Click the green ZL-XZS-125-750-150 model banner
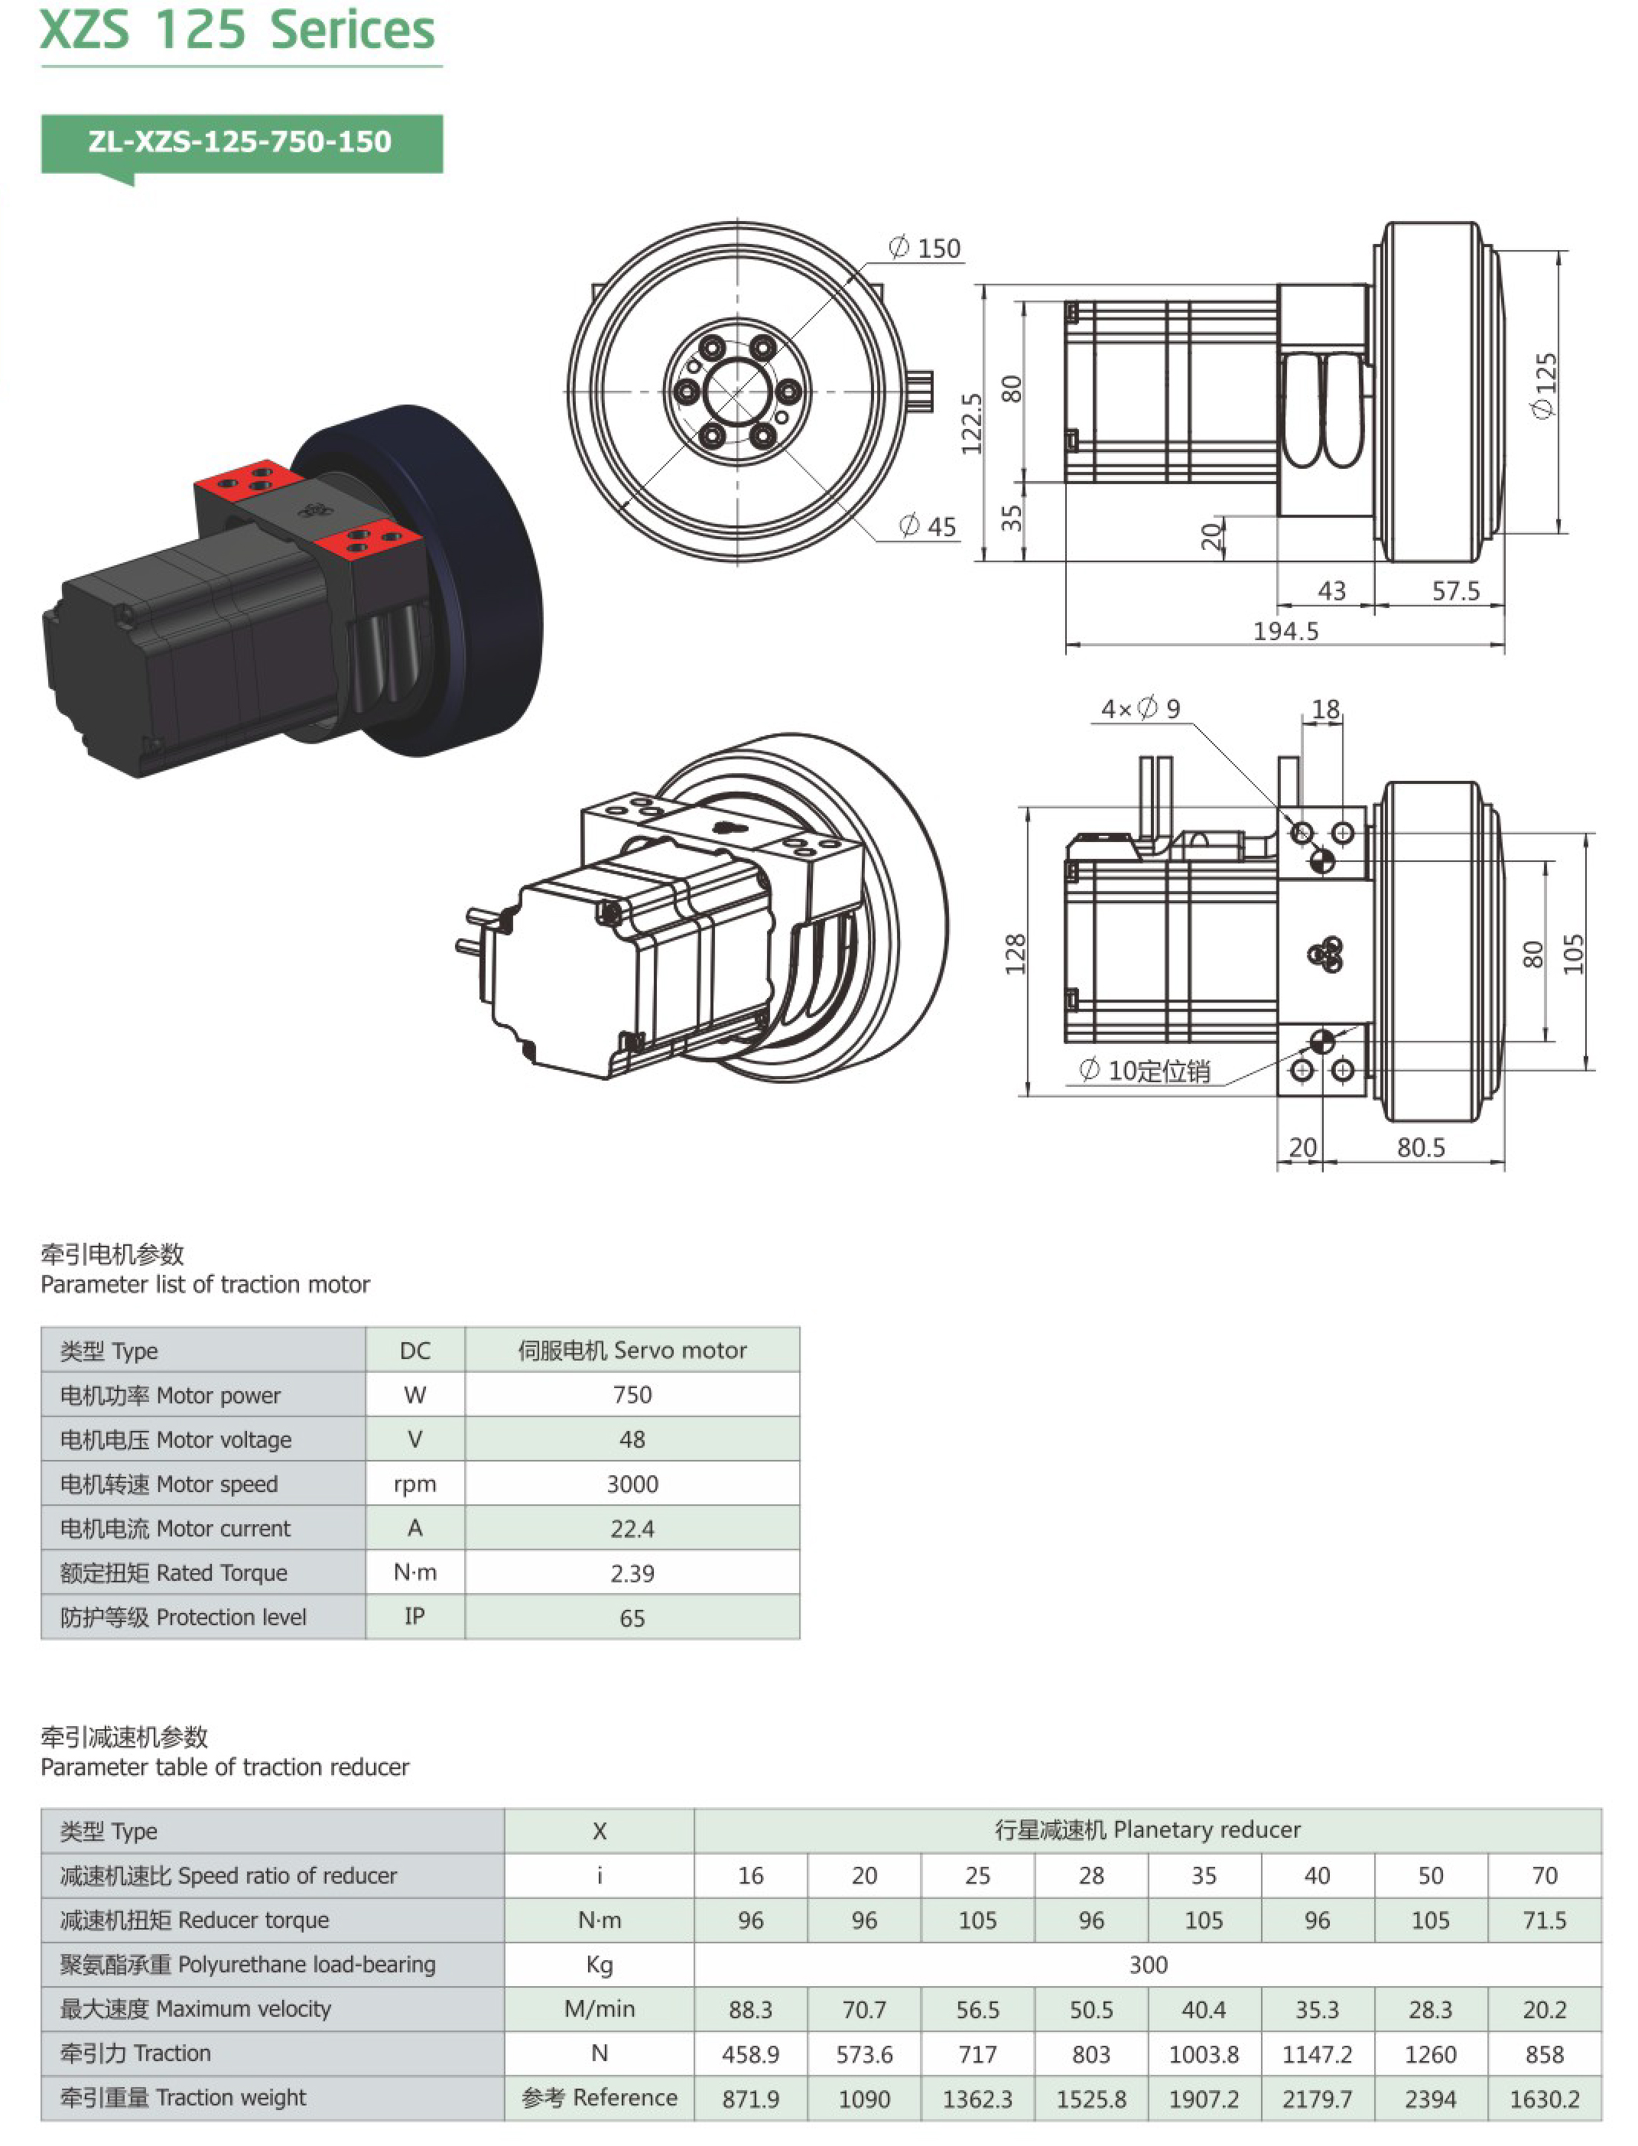tap(241, 143)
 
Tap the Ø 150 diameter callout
tap(925, 249)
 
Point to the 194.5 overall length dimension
tap(1285, 632)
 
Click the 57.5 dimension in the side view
tap(1454, 591)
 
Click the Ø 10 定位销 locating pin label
tap(1145, 1071)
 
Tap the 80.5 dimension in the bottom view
tap(1421, 1148)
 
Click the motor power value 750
tap(632, 1394)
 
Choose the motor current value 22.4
tap(632, 1529)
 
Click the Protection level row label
tap(184, 1618)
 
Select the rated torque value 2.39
tap(632, 1574)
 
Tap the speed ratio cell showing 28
tap(1091, 1875)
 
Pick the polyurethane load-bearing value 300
tap(1148, 1965)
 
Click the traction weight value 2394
tap(1429, 2099)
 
